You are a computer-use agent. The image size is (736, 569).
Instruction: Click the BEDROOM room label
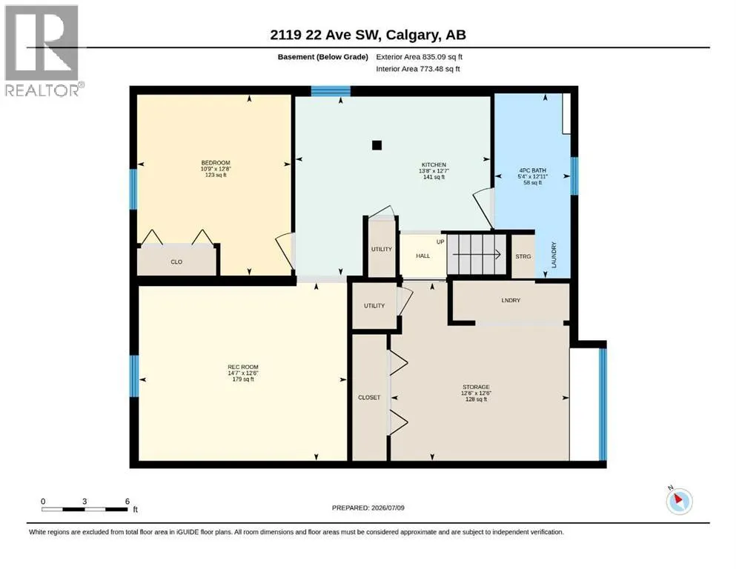216,163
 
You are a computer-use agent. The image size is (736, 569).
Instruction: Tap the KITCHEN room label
434,164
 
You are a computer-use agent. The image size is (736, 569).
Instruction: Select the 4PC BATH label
533,170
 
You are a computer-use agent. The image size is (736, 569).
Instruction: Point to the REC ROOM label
243,367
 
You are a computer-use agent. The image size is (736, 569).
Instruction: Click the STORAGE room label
476,387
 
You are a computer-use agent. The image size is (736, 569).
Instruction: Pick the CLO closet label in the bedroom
176,262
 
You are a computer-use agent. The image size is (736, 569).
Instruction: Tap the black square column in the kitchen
377,145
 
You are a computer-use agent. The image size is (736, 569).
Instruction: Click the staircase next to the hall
477,254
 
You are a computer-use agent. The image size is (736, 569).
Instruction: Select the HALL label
423,256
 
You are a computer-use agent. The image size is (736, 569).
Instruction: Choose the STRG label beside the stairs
523,256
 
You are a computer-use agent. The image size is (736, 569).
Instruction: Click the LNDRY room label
511,300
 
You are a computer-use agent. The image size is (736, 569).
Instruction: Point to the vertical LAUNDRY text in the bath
554,255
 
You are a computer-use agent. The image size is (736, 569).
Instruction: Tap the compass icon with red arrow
679,501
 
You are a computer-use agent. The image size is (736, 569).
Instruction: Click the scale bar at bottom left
85,509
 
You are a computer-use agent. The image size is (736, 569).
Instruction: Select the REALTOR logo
43,50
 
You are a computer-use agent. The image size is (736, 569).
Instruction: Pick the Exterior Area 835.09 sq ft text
420,57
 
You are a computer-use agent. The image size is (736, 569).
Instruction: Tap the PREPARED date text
368,508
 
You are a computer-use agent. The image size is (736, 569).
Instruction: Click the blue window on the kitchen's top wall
331,91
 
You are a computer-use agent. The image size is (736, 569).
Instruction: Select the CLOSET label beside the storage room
369,397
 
